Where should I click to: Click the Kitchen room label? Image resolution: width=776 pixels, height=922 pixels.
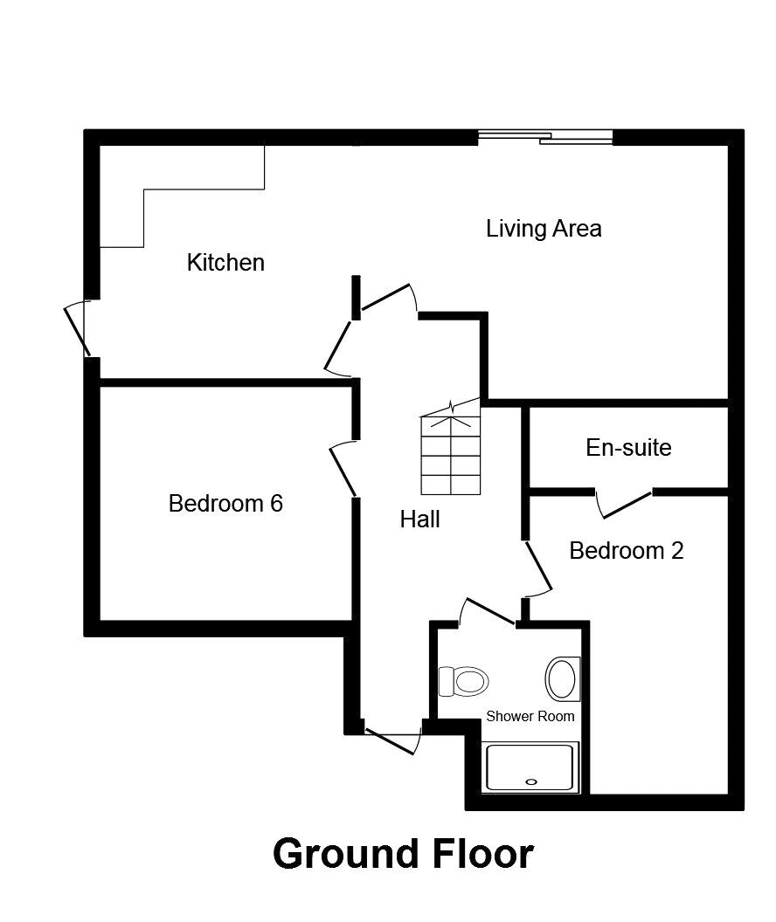[225, 262]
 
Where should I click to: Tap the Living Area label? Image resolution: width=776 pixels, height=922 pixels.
[544, 229]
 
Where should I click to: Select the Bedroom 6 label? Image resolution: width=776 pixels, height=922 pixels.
[225, 504]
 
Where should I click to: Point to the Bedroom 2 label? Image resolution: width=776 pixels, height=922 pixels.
[626, 551]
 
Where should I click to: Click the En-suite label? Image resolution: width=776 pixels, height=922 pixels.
[628, 448]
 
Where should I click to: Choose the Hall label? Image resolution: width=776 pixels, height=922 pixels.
[419, 519]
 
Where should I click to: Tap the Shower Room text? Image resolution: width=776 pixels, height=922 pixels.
[530, 717]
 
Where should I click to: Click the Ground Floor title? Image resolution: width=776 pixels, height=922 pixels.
[403, 853]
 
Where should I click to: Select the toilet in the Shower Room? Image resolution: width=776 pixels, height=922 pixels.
[463, 680]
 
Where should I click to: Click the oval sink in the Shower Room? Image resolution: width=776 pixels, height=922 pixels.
[562, 678]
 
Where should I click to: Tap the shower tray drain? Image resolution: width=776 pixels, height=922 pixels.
[530, 782]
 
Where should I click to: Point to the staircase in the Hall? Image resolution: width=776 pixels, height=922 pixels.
[450, 452]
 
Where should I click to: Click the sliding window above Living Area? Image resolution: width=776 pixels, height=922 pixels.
[545, 137]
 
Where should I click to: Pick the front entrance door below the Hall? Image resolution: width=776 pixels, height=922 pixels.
[392, 739]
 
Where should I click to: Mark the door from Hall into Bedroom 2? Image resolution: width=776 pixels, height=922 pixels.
[537, 568]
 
